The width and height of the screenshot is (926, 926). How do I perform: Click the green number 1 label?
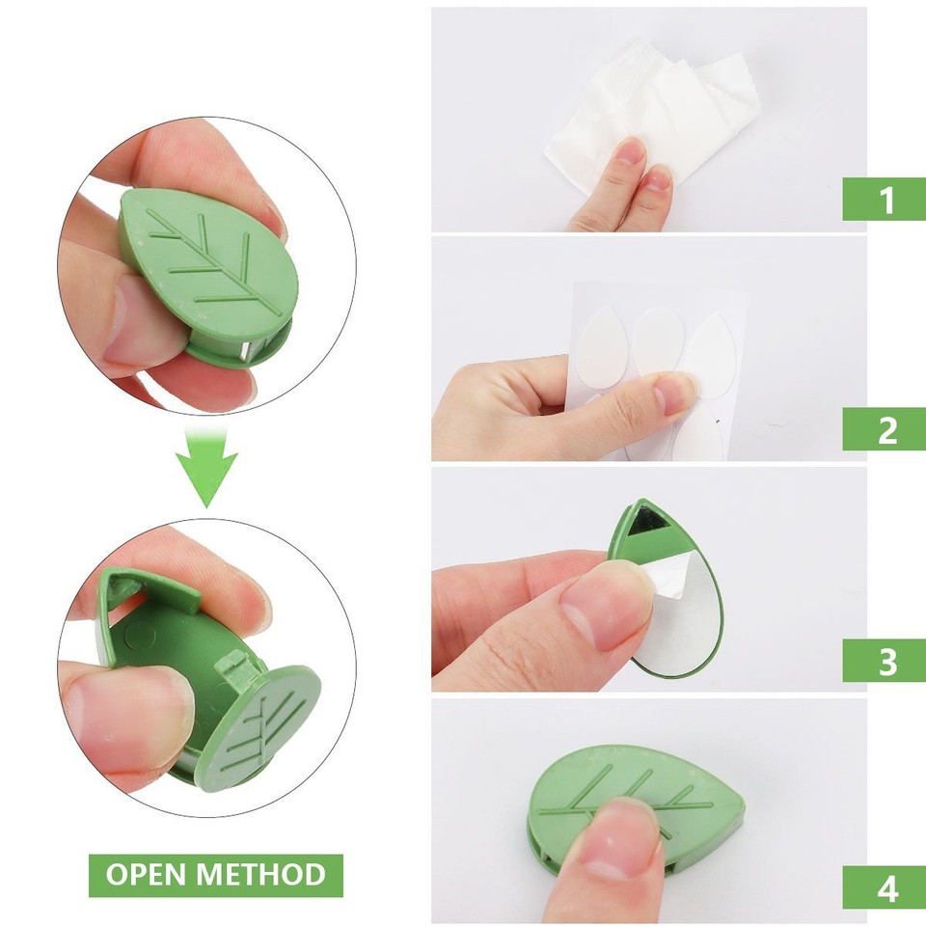[x=885, y=200]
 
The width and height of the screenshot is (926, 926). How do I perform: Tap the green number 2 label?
[x=885, y=429]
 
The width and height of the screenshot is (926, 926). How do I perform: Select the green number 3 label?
[x=885, y=661]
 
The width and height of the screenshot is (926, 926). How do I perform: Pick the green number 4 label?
[x=885, y=888]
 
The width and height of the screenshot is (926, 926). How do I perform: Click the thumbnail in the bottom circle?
[x=130, y=704]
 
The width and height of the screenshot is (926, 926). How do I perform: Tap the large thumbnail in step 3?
[x=603, y=603]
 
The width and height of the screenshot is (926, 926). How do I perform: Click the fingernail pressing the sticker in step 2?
[x=675, y=391]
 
